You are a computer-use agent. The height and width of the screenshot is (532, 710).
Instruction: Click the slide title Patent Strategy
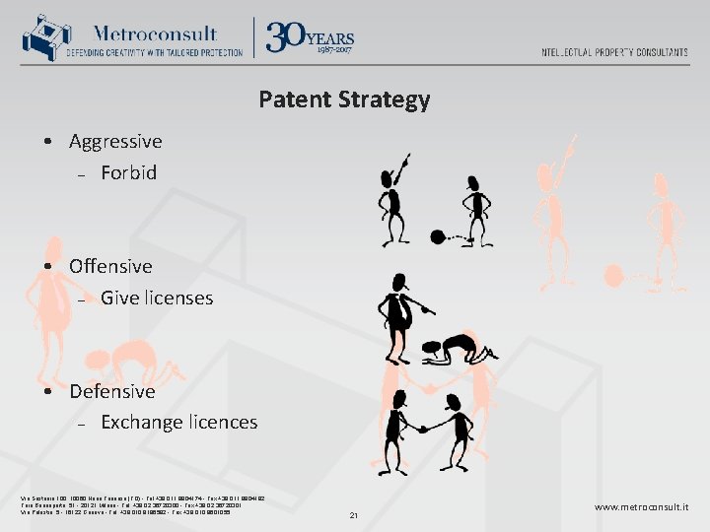tap(344, 100)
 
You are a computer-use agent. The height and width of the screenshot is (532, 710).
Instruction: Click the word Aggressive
tap(115, 141)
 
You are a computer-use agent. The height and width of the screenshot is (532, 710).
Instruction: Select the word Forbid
tap(128, 172)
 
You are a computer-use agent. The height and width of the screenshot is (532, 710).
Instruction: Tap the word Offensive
tap(110, 266)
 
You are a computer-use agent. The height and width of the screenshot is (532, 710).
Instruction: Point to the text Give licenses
tap(157, 297)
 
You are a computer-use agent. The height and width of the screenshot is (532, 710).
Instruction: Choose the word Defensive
tap(112, 391)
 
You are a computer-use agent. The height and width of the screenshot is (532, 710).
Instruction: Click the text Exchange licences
tap(178, 422)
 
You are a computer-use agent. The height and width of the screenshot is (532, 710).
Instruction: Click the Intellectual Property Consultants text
tap(614, 52)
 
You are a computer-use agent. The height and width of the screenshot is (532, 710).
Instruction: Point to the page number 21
tap(353, 514)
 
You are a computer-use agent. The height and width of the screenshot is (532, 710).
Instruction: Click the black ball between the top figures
tap(438, 235)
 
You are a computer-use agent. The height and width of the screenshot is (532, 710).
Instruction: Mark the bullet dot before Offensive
tap(47, 267)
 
